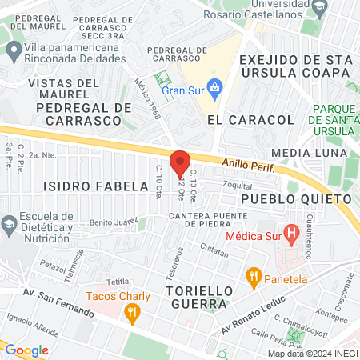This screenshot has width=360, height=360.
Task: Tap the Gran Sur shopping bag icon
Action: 214,86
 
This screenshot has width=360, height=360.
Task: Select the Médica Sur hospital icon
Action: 292,235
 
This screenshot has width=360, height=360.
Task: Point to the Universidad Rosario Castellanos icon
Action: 320,8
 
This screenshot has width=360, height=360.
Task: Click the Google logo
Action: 27,350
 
